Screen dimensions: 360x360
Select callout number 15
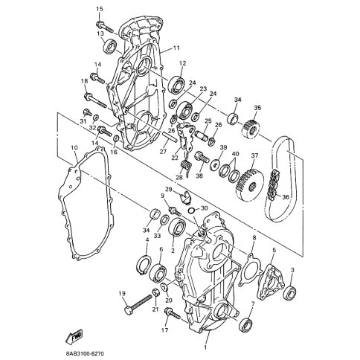click(99, 8)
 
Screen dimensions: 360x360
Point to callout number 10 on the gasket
click(74, 149)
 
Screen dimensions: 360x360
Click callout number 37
click(254, 155)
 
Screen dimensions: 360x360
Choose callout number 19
click(121, 294)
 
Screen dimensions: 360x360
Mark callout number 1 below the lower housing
click(206, 347)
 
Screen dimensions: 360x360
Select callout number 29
click(169, 191)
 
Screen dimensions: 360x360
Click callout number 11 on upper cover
click(177, 48)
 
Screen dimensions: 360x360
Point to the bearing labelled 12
click(176, 82)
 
